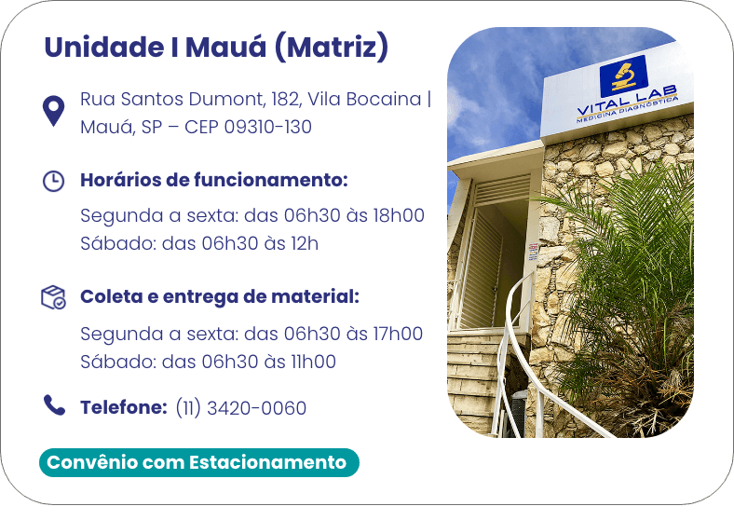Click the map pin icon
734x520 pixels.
pos(53,110)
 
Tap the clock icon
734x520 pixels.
pos(53,181)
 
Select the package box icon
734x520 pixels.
pos(53,297)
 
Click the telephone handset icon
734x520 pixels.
pos(54,405)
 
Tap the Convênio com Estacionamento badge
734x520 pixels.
pos(199,462)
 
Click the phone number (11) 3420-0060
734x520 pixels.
pos(241,408)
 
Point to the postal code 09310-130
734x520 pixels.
pos(267,127)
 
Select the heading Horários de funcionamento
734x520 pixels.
pos(214,180)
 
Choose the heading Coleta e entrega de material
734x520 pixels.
pos(220,296)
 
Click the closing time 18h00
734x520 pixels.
pos(399,215)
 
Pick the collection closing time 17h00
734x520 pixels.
pos(398,334)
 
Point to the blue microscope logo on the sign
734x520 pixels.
pos(623,75)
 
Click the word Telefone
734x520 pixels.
pos(124,407)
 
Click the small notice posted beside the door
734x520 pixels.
pos(533,252)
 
